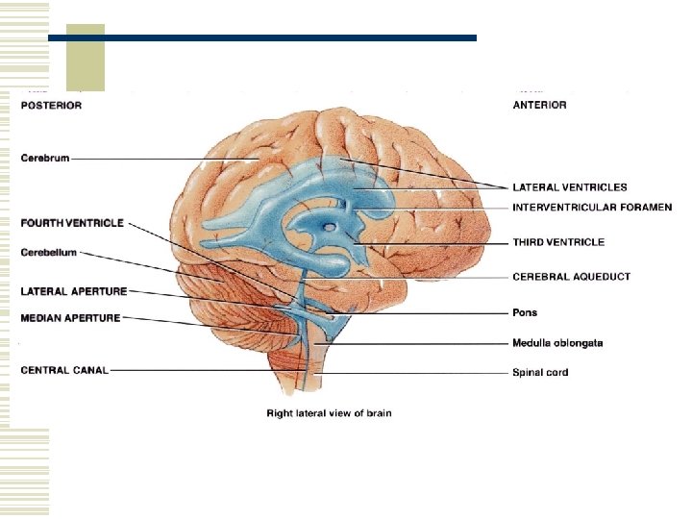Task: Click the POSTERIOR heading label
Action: coord(51,105)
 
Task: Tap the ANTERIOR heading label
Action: coord(539,105)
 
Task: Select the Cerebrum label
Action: coord(45,158)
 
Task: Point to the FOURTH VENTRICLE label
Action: coord(72,223)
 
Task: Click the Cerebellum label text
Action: coord(49,253)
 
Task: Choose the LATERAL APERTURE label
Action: coord(73,290)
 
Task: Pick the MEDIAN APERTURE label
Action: coord(70,318)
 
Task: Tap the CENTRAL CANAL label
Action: coord(63,370)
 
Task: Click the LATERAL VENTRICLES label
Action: coord(569,187)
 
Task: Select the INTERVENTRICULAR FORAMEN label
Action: coord(592,207)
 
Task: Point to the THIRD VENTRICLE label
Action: coord(558,242)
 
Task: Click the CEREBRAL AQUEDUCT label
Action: coord(571,277)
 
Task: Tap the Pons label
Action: coord(525,312)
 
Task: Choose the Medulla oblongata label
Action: coord(557,343)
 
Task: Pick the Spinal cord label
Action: coord(540,372)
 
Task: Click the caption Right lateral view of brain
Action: coord(329,413)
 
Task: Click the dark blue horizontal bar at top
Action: coord(261,38)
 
